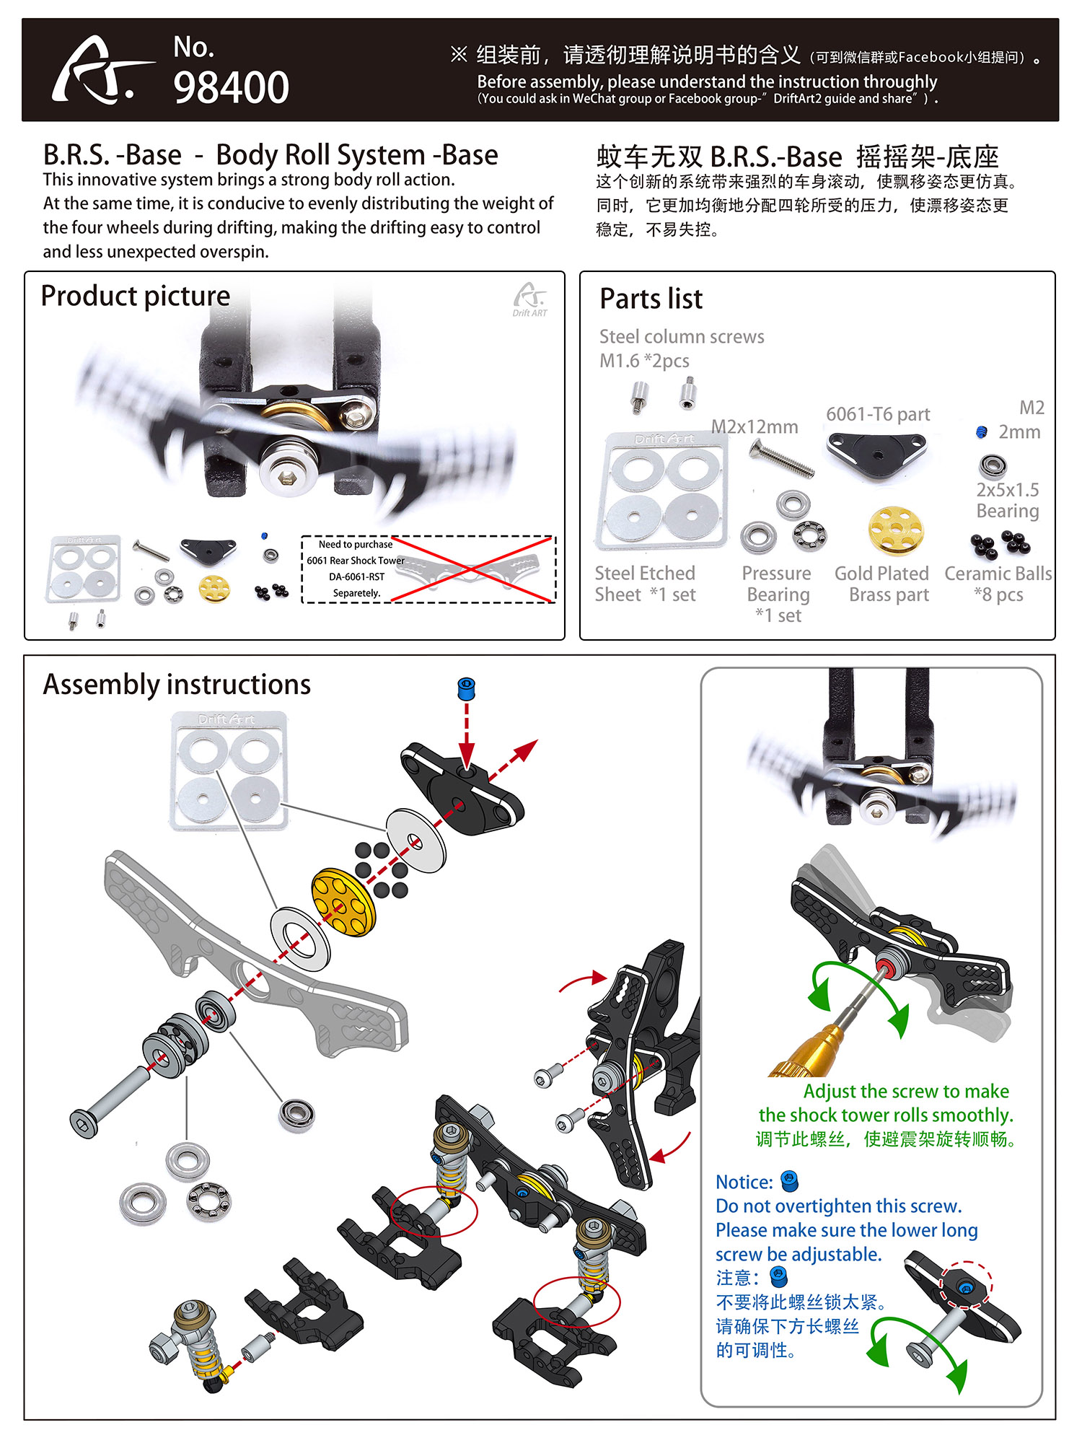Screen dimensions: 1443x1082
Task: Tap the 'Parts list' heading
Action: tap(651, 299)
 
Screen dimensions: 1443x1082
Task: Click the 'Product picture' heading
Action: tap(135, 296)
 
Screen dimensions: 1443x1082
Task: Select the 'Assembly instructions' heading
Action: tap(177, 684)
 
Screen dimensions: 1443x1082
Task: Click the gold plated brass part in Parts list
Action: tap(895, 531)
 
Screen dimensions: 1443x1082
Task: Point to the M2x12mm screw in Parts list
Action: tap(782, 460)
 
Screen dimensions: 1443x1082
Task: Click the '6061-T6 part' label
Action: tap(878, 414)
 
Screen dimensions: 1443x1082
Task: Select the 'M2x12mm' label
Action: tap(755, 426)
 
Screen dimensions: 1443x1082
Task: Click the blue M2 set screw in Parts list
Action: tap(981, 432)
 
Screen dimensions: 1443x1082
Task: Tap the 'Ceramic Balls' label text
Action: tap(998, 574)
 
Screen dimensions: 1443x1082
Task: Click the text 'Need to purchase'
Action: tap(355, 545)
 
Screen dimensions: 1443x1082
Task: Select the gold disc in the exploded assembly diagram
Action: tap(344, 902)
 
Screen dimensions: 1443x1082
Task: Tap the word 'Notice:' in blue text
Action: tap(744, 1182)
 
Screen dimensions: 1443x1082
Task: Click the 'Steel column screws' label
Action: tap(682, 336)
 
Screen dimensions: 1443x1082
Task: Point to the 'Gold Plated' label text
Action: tap(881, 574)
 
